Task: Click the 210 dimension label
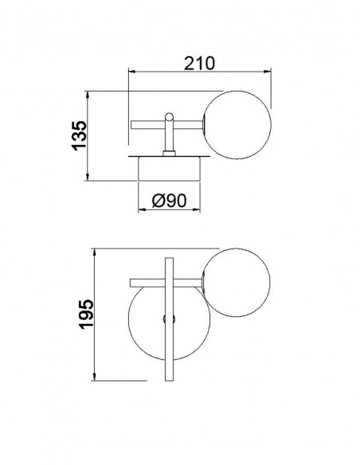[199, 64]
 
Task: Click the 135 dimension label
[80, 135]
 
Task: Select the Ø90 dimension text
[169, 201]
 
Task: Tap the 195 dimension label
[86, 314]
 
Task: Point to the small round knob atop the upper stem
[169, 116]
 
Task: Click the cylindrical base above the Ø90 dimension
[170, 169]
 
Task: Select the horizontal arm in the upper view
[166, 125]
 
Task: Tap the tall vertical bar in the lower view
[169, 319]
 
